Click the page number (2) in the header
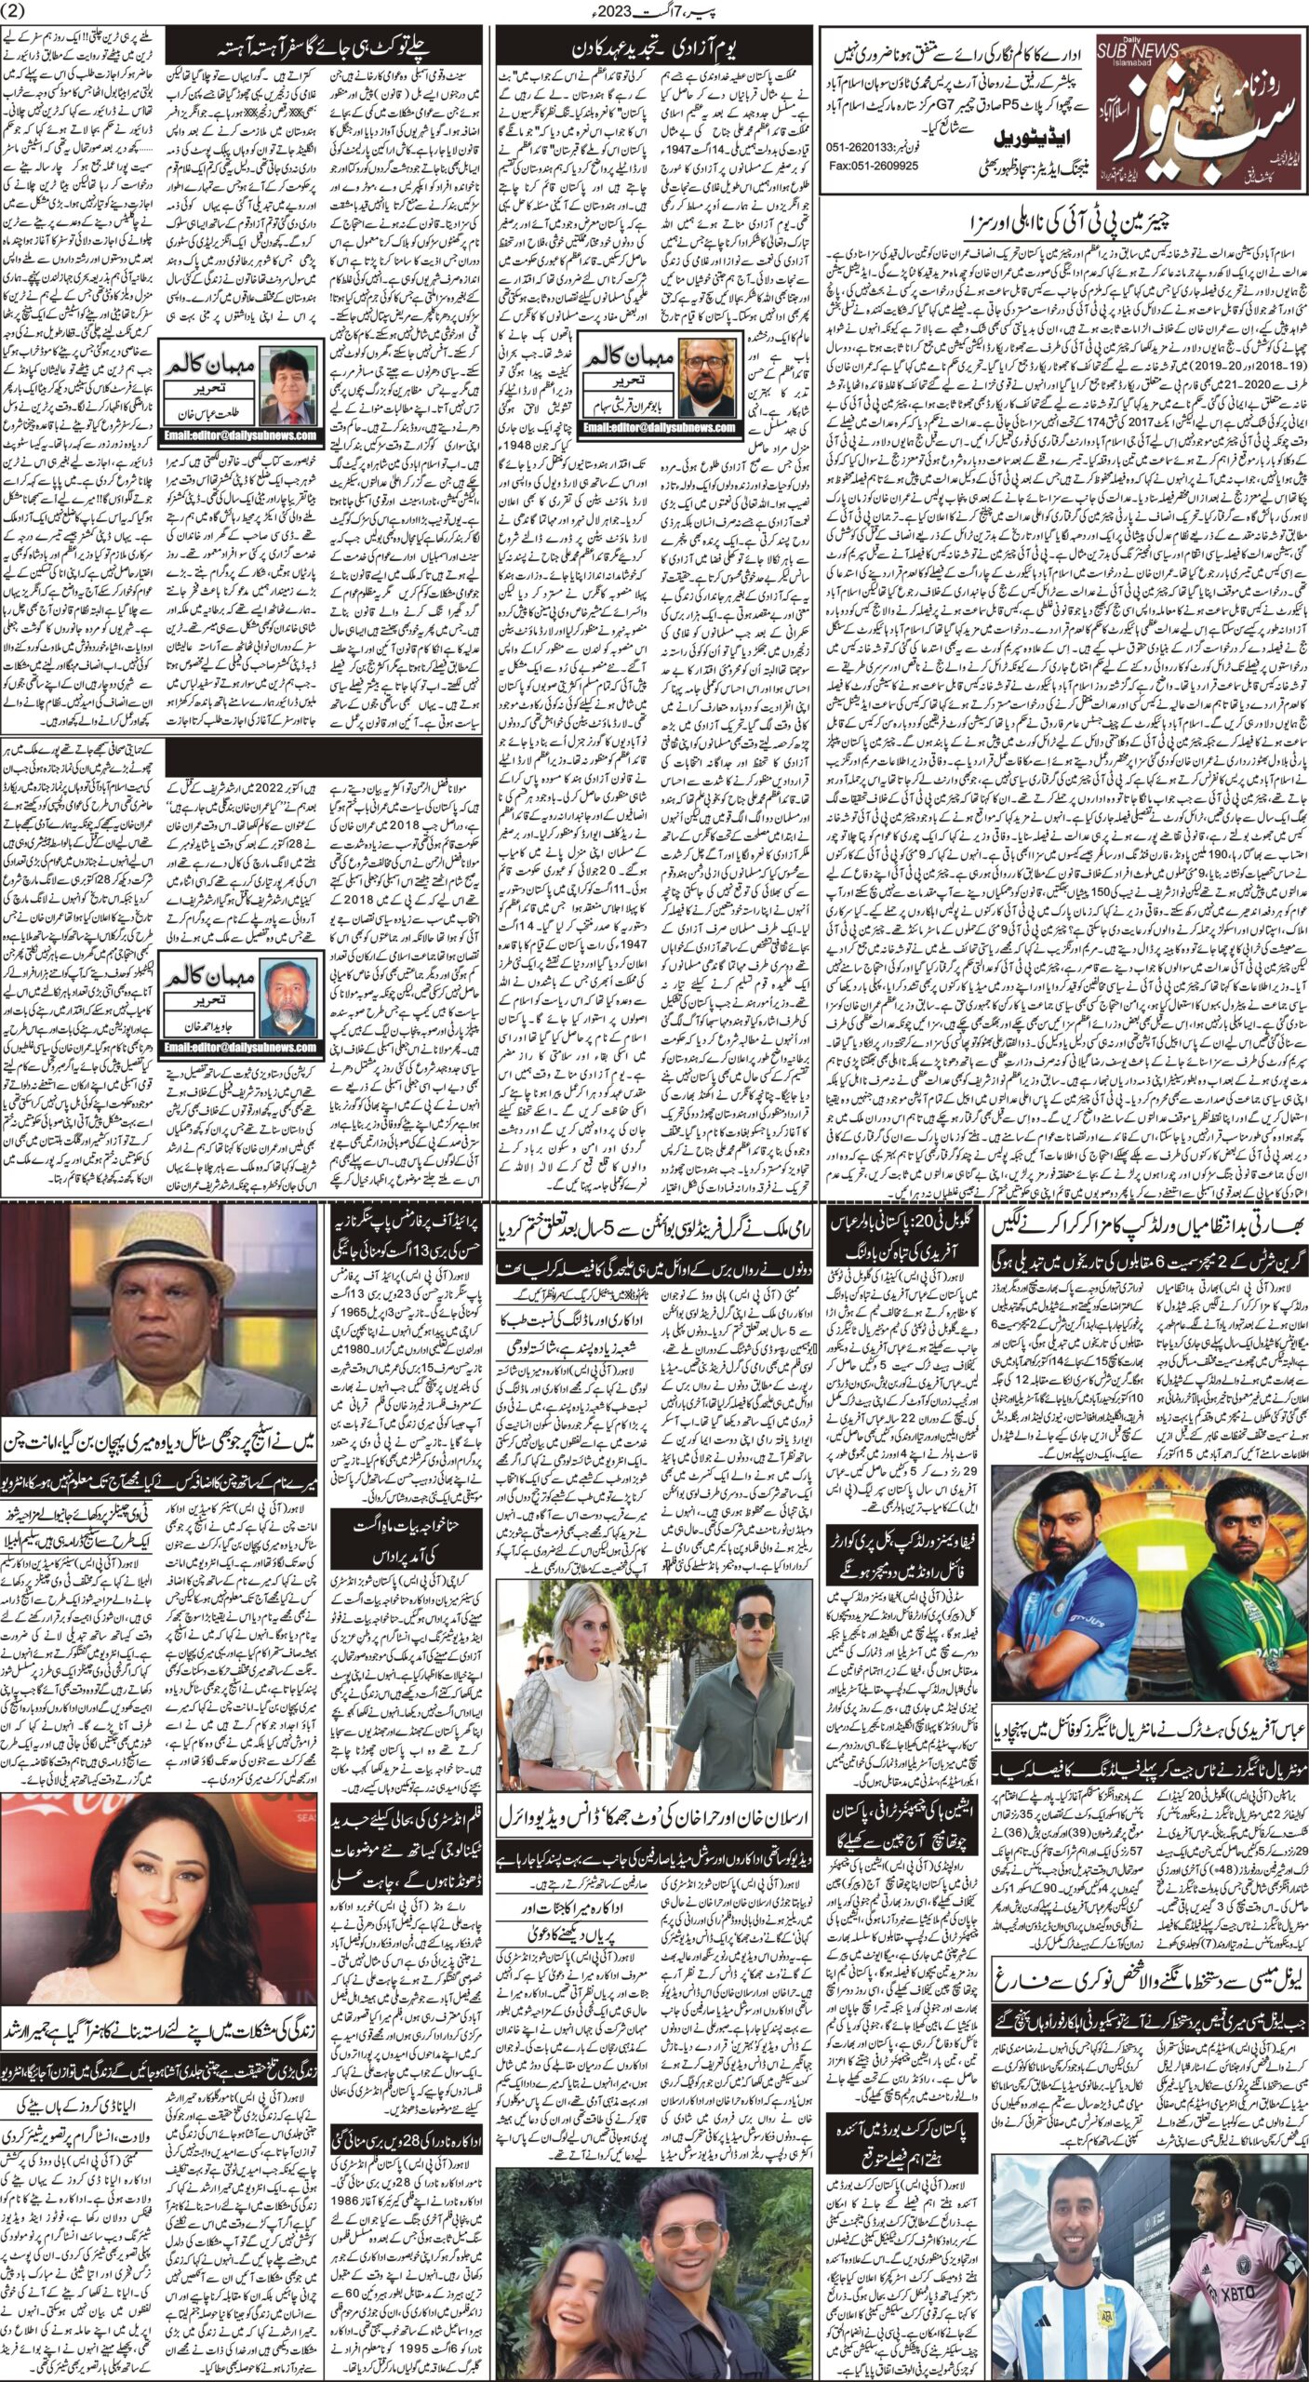pyautogui.click(x=17, y=11)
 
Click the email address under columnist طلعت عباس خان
pyautogui.click(x=238, y=435)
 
